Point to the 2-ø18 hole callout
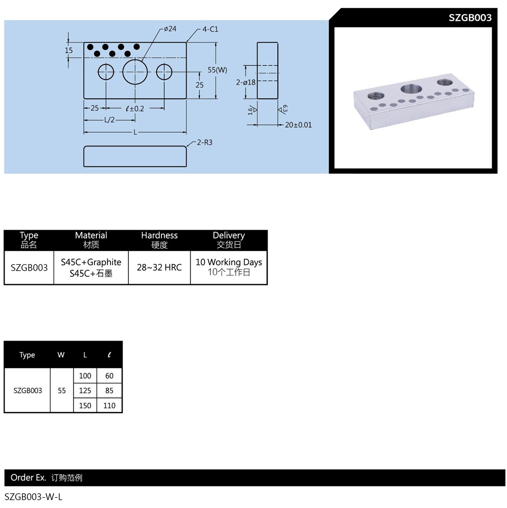tap(246, 82)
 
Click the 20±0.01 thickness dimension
tap(298, 125)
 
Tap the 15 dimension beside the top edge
tap(69, 50)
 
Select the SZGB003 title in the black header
tap(470, 18)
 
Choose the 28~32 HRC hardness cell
tap(159, 267)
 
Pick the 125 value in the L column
tap(85, 390)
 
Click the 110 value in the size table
tap(109, 406)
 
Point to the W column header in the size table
tap(61, 355)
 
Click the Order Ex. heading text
tap(28, 478)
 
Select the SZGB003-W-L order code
tap(33, 497)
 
